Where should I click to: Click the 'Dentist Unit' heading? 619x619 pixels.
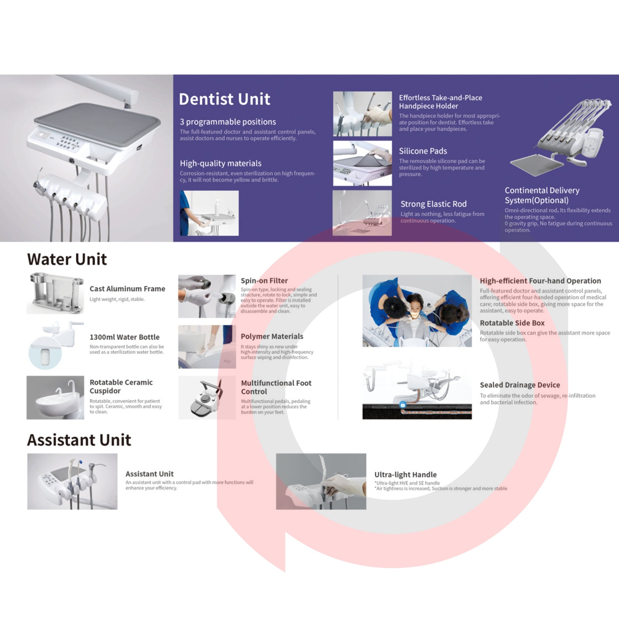(224, 99)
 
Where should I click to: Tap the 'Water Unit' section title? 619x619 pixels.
(67, 259)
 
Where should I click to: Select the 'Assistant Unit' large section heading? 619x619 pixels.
(79, 440)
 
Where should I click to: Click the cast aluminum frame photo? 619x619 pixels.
(55, 293)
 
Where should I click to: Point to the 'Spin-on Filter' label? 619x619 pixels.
(264, 281)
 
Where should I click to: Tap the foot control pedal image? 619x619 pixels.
(207, 398)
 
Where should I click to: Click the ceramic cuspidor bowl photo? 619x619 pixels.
(55, 398)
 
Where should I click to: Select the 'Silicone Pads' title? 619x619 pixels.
(423, 151)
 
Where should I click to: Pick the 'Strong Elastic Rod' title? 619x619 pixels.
(434, 204)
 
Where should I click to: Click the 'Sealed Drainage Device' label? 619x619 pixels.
(520, 385)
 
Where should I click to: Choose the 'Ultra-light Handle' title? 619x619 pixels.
(406, 475)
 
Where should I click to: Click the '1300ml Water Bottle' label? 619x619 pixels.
(125, 337)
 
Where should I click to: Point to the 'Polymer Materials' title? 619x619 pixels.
(272, 337)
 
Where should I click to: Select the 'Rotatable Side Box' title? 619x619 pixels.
(512, 323)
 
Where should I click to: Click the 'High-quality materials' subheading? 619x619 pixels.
(220, 163)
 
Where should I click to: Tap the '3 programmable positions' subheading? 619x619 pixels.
(228, 122)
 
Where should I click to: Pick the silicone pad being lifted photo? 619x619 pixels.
(362, 163)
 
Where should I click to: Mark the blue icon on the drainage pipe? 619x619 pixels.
(403, 405)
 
